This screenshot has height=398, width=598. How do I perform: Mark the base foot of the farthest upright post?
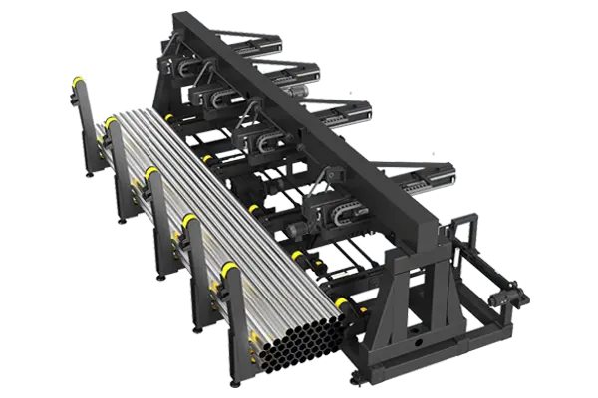(x=91, y=176)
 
